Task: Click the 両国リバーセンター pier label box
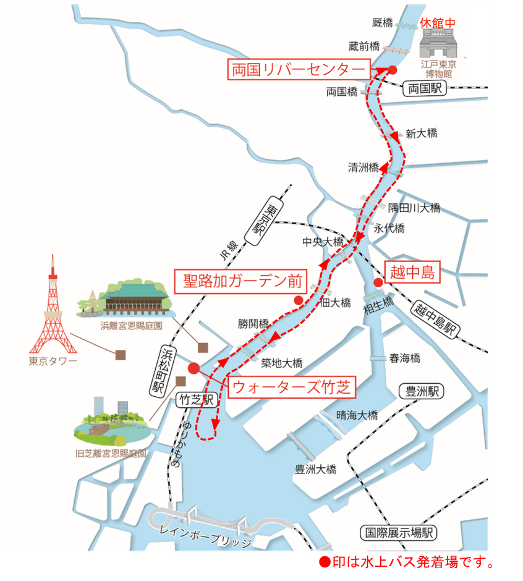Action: [x=299, y=69]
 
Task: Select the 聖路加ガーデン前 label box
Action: [x=240, y=282]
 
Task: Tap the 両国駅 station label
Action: [x=425, y=88]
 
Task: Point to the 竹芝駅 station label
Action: [x=195, y=400]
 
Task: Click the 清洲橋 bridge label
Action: [x=363, y=167]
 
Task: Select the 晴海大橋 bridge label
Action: [x=357, y=415]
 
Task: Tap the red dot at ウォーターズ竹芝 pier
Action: [x=193, y=368]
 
